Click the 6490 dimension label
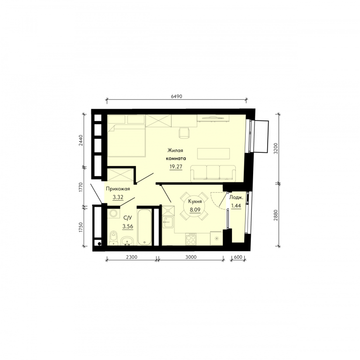(x=176, y=97)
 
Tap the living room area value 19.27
(x=176, y=166)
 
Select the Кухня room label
(x=195, y=202)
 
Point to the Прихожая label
(x=118, y=189)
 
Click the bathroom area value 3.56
(x=127, y=226)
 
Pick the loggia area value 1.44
(x=236, y=206)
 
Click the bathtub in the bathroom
(x=144, y=227)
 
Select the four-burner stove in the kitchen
(x=191, y=239)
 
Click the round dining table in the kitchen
(x=194, y=206)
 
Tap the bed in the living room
(x=126, y=141)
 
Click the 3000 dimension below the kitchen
(x=191, y=257)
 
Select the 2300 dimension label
(x=132, y=257)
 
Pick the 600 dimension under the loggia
(x=238, y=257)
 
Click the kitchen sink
(x=168, y=222)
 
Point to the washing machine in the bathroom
(x=113, y=214)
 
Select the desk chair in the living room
(x=184, y=133)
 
